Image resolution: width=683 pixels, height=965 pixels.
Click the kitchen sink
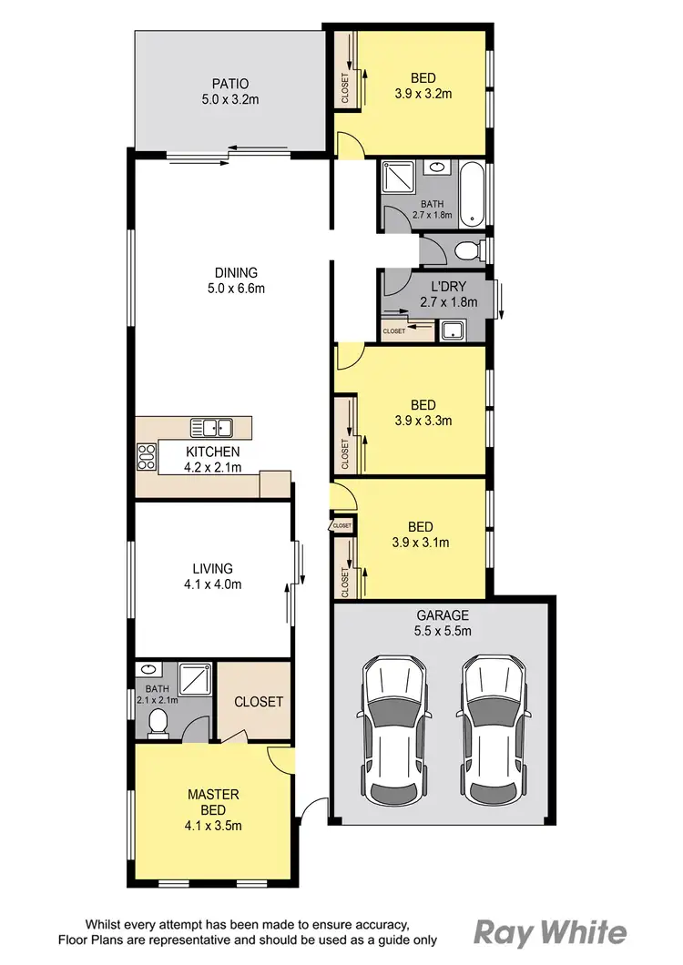211,427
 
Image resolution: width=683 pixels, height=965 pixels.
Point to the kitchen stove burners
146,456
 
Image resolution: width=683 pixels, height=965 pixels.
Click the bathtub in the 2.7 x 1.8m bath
472,193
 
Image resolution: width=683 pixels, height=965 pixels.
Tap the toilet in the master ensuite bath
158,724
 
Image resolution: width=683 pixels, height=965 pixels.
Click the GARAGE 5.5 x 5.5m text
442,623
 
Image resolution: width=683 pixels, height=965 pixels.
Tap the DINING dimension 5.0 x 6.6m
236,289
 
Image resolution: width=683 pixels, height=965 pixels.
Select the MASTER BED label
213,801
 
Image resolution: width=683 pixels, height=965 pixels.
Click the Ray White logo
550,932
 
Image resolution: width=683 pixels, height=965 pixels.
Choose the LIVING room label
212,569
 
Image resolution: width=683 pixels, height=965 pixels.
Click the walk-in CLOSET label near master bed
259,702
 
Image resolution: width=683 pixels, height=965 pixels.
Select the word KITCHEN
212,452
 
